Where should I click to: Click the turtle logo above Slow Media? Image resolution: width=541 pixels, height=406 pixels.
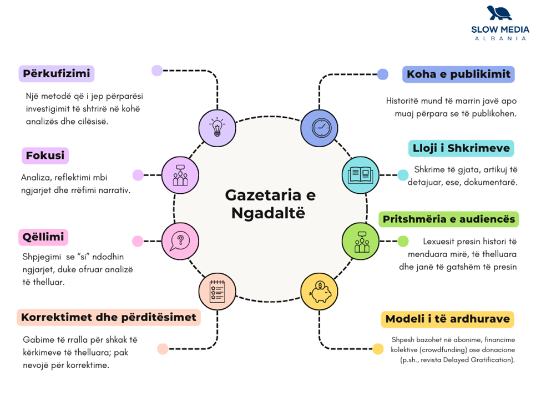coord(499,13)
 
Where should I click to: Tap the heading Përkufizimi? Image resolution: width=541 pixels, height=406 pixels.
coord(56,73)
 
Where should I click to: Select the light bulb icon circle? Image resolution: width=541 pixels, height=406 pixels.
coord(217,128)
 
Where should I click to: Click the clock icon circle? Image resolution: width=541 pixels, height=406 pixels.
coord(319,128)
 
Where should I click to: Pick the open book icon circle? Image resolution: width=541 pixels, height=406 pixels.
coord(361,175)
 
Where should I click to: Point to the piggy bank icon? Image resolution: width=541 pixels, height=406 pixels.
coord(320,292)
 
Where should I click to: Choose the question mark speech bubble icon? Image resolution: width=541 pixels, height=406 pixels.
coord(180,240)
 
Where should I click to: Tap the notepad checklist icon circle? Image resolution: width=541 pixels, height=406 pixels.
coord(217,292)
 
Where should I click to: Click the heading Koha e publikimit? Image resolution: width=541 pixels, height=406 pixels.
coord(458,74)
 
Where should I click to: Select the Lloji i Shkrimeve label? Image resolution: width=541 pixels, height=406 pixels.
coord(461,148)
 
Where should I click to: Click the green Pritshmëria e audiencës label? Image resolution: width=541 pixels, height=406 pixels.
coord(448,219)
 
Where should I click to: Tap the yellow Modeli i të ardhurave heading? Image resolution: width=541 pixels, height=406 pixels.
coord(447,319)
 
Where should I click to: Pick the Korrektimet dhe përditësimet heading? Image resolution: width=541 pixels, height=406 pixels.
coord(109,317)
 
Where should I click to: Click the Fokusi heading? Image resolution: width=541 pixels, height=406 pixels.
coord(45,156)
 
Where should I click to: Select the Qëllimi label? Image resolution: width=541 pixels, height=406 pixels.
coord(43,237)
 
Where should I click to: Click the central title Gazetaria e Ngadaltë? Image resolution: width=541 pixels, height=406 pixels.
coord(270,204)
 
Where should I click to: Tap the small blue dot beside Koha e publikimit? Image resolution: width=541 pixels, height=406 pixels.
coord(383,74)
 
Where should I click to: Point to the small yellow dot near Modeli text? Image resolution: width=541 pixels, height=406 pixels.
coord(378,349)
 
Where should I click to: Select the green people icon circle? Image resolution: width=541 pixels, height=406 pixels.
coord(361,241)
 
